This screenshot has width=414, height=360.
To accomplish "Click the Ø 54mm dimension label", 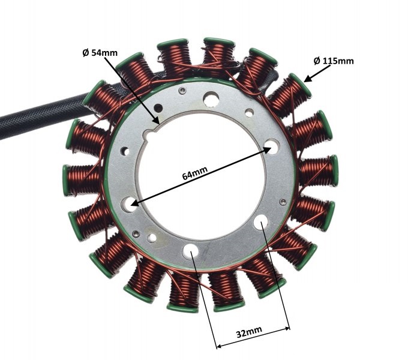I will coord(100,52).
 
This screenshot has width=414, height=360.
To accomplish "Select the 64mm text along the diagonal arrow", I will coord(194,173).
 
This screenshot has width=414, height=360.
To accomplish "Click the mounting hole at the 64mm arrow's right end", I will coord(272,145).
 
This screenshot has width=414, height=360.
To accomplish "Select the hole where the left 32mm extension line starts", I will coord(191,250).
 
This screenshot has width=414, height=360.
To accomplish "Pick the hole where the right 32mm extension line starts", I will coord(263,223).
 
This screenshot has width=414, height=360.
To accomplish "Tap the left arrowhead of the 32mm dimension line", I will coord(218,346).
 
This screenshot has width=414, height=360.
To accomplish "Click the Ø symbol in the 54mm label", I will coord(85,52).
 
